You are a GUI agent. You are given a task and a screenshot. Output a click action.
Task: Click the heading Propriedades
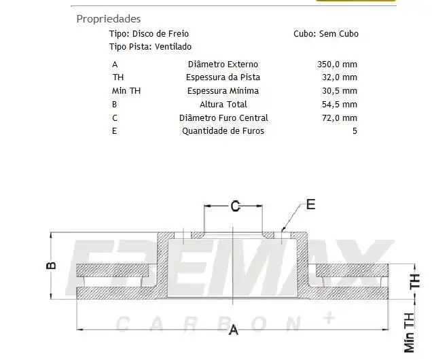(109, 19)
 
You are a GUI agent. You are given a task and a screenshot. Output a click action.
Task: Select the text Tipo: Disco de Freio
(149, 33)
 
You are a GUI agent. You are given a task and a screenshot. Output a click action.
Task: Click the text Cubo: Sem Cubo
(326, 33)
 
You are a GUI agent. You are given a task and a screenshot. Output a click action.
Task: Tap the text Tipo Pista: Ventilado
(150, 46)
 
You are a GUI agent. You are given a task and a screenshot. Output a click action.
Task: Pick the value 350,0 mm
(337, 65)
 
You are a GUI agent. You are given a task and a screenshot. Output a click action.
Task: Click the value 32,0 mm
(339, 77)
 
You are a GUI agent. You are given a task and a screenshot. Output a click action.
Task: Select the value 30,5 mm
(339, 90)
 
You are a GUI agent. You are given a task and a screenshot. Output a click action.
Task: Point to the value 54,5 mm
(339, 104)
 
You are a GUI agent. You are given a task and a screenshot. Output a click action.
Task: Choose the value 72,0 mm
(339, 118)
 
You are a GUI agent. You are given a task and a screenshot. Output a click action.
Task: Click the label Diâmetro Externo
(223, 65)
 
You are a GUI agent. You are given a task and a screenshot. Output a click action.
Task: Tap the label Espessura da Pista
(223, 77)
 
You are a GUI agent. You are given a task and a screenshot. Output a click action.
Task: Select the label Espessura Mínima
(223, 90)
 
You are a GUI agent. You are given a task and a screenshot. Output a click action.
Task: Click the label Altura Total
(223, 104)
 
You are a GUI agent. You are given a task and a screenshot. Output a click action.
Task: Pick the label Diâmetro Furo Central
(223, 118)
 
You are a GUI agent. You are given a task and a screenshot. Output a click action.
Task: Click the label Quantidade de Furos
(223, 130)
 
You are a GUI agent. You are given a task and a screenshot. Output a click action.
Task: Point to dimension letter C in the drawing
(234, 207)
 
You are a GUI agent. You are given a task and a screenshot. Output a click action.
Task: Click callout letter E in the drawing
(310, 204)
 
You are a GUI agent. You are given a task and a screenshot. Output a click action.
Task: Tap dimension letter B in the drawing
(52, 265)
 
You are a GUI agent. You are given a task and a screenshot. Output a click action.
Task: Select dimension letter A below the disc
(234, 330)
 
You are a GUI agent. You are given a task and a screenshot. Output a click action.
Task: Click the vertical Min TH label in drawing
(409, 332)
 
